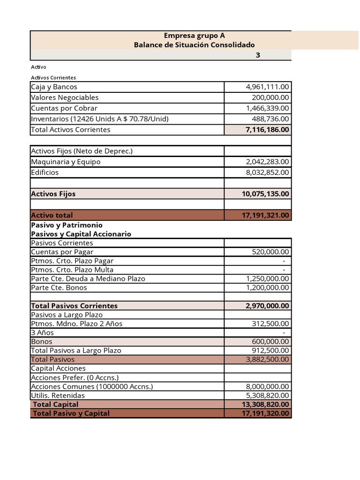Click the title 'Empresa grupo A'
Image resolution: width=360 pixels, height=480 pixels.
194,36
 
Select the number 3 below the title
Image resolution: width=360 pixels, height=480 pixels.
257,55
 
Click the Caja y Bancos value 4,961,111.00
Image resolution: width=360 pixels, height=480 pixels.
267,87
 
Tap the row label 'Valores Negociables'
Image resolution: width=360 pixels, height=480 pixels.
65,97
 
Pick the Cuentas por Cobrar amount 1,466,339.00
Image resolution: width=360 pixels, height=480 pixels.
267,108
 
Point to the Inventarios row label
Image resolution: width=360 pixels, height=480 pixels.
99,119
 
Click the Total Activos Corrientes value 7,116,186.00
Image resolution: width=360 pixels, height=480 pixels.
267,130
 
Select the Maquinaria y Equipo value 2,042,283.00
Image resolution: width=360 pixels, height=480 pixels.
267,162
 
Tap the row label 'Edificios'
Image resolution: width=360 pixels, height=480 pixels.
45,172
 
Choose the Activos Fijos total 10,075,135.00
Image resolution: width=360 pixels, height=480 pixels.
265,194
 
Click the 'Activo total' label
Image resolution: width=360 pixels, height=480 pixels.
52,215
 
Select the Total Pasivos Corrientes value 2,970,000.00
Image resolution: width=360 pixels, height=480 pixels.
267,306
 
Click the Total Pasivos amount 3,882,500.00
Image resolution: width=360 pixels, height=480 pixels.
267,360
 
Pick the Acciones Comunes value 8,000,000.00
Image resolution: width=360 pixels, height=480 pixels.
267,387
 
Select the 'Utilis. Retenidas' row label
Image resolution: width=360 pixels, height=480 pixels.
58,396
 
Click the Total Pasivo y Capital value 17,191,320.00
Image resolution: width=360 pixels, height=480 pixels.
265,413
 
